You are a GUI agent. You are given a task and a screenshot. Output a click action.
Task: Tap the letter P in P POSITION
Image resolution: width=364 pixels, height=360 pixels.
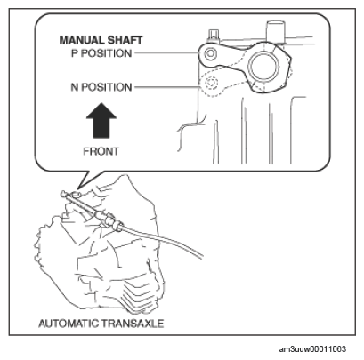pyautogui.click(x=75, y=53)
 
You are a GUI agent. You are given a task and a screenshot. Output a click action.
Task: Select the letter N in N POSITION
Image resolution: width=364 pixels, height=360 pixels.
pyautogui.click(x=75, y=87)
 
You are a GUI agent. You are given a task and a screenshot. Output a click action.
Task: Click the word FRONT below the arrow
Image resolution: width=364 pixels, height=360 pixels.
pyautogui.click(x=101, y=151)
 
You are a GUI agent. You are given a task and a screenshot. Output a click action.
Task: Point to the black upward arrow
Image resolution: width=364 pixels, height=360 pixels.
pyautogui.click(x=101, y=121)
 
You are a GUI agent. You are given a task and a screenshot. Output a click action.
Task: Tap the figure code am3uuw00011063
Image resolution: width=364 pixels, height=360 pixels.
pyautogui.click(x=312, y=349)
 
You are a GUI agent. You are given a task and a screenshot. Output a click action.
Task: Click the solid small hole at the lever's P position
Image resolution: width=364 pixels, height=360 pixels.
pyautogui.click(x=211, y=53)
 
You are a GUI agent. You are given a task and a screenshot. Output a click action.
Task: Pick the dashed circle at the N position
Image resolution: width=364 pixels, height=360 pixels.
pyautogui.click(x=211, y=84)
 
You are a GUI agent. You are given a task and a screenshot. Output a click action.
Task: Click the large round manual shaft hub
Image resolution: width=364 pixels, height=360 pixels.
pyautogui.click(x=263, y=67)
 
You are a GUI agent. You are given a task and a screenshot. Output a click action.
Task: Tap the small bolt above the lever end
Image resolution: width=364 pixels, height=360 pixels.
pyautogui.click(x=214, y=36)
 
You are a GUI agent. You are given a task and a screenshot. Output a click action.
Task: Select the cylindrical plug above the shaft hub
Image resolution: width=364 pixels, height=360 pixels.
pyautogui.click(x=275, y=31)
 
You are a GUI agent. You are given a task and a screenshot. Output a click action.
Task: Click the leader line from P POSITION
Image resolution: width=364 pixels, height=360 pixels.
pyautogui.click(x=166, y=53)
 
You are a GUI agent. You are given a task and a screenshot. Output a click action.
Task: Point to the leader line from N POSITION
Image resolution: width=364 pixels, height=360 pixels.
pyautogui.click(x=167, y=87)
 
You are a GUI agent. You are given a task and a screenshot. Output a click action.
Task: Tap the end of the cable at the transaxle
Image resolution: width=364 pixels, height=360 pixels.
pyautogui.click(x=63, y=193)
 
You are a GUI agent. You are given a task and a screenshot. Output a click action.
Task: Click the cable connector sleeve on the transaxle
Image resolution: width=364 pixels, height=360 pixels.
pyautogui.click(x=109, y=220)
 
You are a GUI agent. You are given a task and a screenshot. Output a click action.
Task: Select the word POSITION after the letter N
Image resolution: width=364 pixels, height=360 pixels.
pyautogui.click(x=107, y=87)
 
